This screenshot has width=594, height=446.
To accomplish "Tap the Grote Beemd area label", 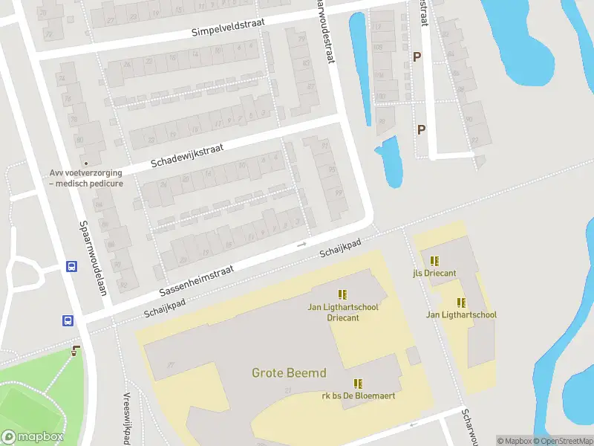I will pyautogui.click(x=289, y=373).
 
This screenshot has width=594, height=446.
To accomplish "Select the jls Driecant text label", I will pyautogui.click(x=434, y=273).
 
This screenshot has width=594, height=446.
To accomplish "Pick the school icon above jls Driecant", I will pyautogui.click(x=434, y=261).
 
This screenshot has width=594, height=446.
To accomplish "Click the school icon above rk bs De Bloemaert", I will pyautogui.click(x=358, y=384).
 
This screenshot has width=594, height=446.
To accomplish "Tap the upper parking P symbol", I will pyautogui.click(x=417, y=56).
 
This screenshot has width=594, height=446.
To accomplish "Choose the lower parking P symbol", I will pyautogui.click(x=421, y=129).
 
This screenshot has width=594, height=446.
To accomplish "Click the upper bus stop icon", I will pyautogui.click(x=72, y=267).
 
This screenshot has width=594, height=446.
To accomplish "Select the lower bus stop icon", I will pyautogui.click(x=67, y=321).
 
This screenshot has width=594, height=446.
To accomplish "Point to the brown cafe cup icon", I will pyautogui.click(x=76, y=350).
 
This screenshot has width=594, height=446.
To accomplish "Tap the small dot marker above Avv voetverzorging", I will pyautogui.click(x=86, y=163).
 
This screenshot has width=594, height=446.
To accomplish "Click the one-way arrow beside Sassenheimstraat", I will pyautogui.click(x=301, y=244).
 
